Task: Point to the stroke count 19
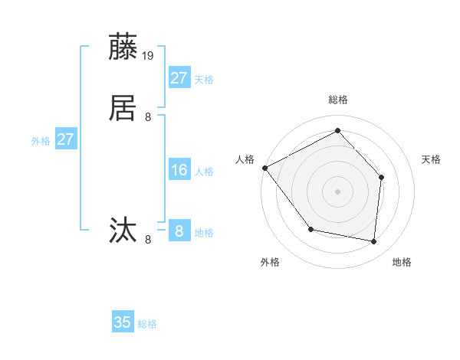[149, 56]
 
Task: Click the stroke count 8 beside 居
[148, 117]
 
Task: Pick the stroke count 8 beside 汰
[148, 240]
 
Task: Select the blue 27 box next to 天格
[179, 78]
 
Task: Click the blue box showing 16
[179, 170]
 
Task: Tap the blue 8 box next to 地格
[179, 231]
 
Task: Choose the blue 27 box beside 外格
[66, 139]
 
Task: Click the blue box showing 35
[123, 322]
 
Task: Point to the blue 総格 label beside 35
[147, 324]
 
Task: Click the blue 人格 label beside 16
[205, 172]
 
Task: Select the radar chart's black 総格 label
[337, 100]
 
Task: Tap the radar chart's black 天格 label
[431, 159]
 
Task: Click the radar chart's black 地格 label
[402, 263]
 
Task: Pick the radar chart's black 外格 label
[270, 263]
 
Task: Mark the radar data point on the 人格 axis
[264, 168]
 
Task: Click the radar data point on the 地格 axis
[374, 242]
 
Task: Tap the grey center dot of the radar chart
[337, 191]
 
